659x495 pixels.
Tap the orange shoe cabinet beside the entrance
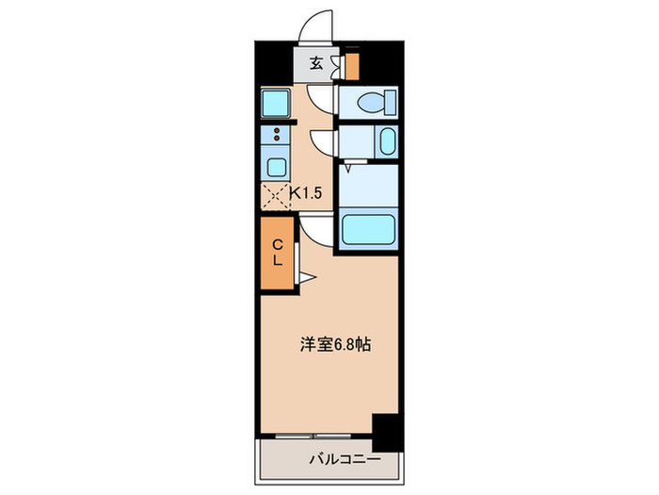pyautogui.click(x=352, y=67)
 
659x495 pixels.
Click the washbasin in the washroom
pyautogui.click(x=387, y=141)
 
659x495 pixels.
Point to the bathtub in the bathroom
pyautogui.click(x=368, y=229)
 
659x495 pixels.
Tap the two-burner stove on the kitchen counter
pyautogui.click(x=276, y=135)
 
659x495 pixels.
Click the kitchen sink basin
pyautogui.click(x=276, y=167)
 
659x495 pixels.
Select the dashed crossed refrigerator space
pyautogui.click(x=276, y=196)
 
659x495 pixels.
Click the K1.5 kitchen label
pyautogui.click(x=306, y=193)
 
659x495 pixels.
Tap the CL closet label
pyautogui.click(x=277, y=253)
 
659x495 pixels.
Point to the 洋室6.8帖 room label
pyautogui.click(x=335, y=345)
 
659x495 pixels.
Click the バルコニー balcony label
pyautogui.click(x=346, y=459)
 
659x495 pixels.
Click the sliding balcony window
pyautogui.click(x=313, y=436)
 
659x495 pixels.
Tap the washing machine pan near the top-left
pyautogui.click(x=275, y=104)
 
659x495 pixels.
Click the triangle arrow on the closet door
pyautogui.click(x=307, y=277)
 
